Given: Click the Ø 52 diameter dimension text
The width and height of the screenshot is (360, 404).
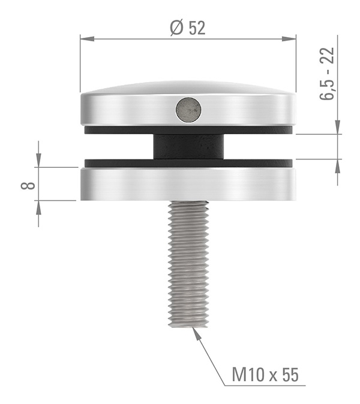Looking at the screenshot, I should (187, 28).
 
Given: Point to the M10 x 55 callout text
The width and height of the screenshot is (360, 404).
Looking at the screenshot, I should (265, 376).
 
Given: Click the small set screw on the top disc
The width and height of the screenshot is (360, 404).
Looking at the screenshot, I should (188, 110).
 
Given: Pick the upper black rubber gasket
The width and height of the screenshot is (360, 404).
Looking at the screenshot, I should (120, 129).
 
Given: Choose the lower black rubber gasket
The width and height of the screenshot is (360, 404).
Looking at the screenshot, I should (120, 162).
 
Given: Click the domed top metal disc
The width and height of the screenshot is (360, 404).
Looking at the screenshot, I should (132, 108).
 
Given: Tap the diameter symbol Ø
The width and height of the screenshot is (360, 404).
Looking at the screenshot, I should (175, 28).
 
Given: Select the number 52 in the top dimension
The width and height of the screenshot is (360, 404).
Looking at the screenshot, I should (196, 28).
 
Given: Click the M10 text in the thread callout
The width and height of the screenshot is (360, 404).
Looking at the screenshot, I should (246, 376).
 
